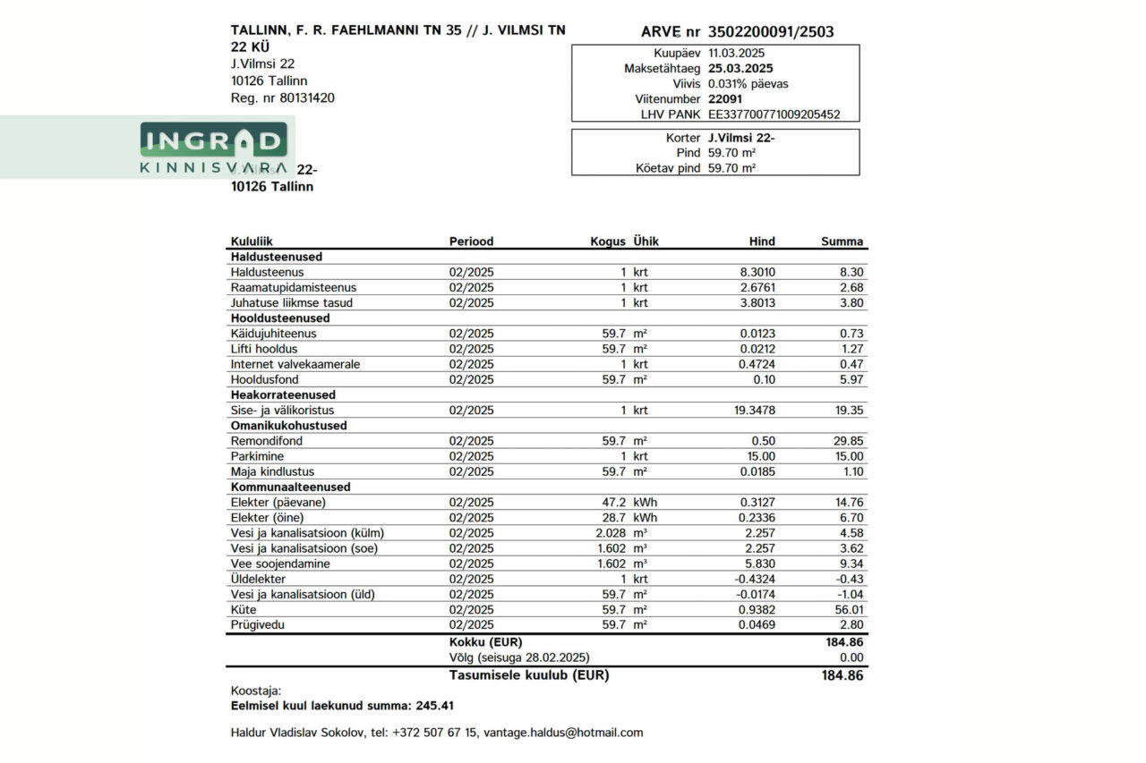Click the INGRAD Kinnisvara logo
click(x=213, y=148)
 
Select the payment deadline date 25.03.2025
click(x=740, y=68)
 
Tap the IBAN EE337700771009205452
click(x=774, y=114)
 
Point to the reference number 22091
click(x=724, y=99)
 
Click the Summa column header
click(x=842, y=242)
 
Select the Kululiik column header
click(x=252, y=242)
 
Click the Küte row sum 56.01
click(x=849, y=610)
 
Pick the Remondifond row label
click(x=267, y=441)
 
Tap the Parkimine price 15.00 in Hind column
click(x=761, y=456)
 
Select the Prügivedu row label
click(x=257, y=625)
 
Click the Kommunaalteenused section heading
click(x=290, y=487)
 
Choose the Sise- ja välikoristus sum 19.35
click(x=849, y=411)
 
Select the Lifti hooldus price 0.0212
click(x=757, y=349)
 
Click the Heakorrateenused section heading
click(x=283, y=394)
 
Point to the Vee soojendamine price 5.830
click(x=759, y=564)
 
